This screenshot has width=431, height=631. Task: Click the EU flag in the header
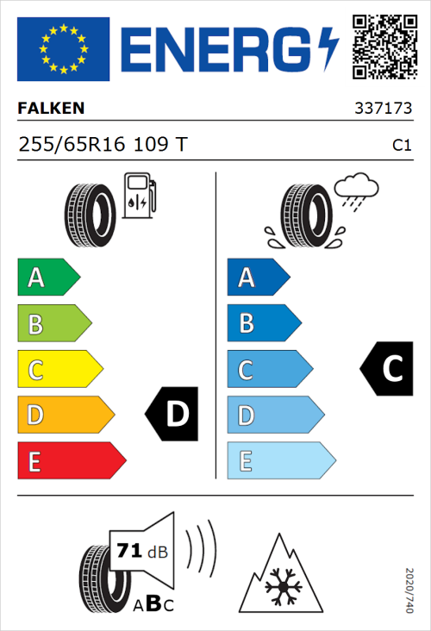coord(63,49)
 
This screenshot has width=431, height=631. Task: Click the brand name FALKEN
coord(51,108)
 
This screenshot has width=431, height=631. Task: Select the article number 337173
coord(382,109)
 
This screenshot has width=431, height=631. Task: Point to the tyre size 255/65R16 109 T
coord(102,145)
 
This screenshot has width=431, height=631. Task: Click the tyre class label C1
coord(401,146)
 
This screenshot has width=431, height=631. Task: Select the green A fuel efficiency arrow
coord(47,278)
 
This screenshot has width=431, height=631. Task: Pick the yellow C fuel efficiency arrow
coord(59,370)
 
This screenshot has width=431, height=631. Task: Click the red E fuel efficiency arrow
coord(71,461)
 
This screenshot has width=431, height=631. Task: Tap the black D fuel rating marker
coord(173,415)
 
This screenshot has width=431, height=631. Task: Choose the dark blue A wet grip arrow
coord(258,278)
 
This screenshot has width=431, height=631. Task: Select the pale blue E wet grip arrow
coord(280,461)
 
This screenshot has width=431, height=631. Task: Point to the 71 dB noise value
coord(137,550)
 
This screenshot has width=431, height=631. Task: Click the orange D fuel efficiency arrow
coord(65,415)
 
